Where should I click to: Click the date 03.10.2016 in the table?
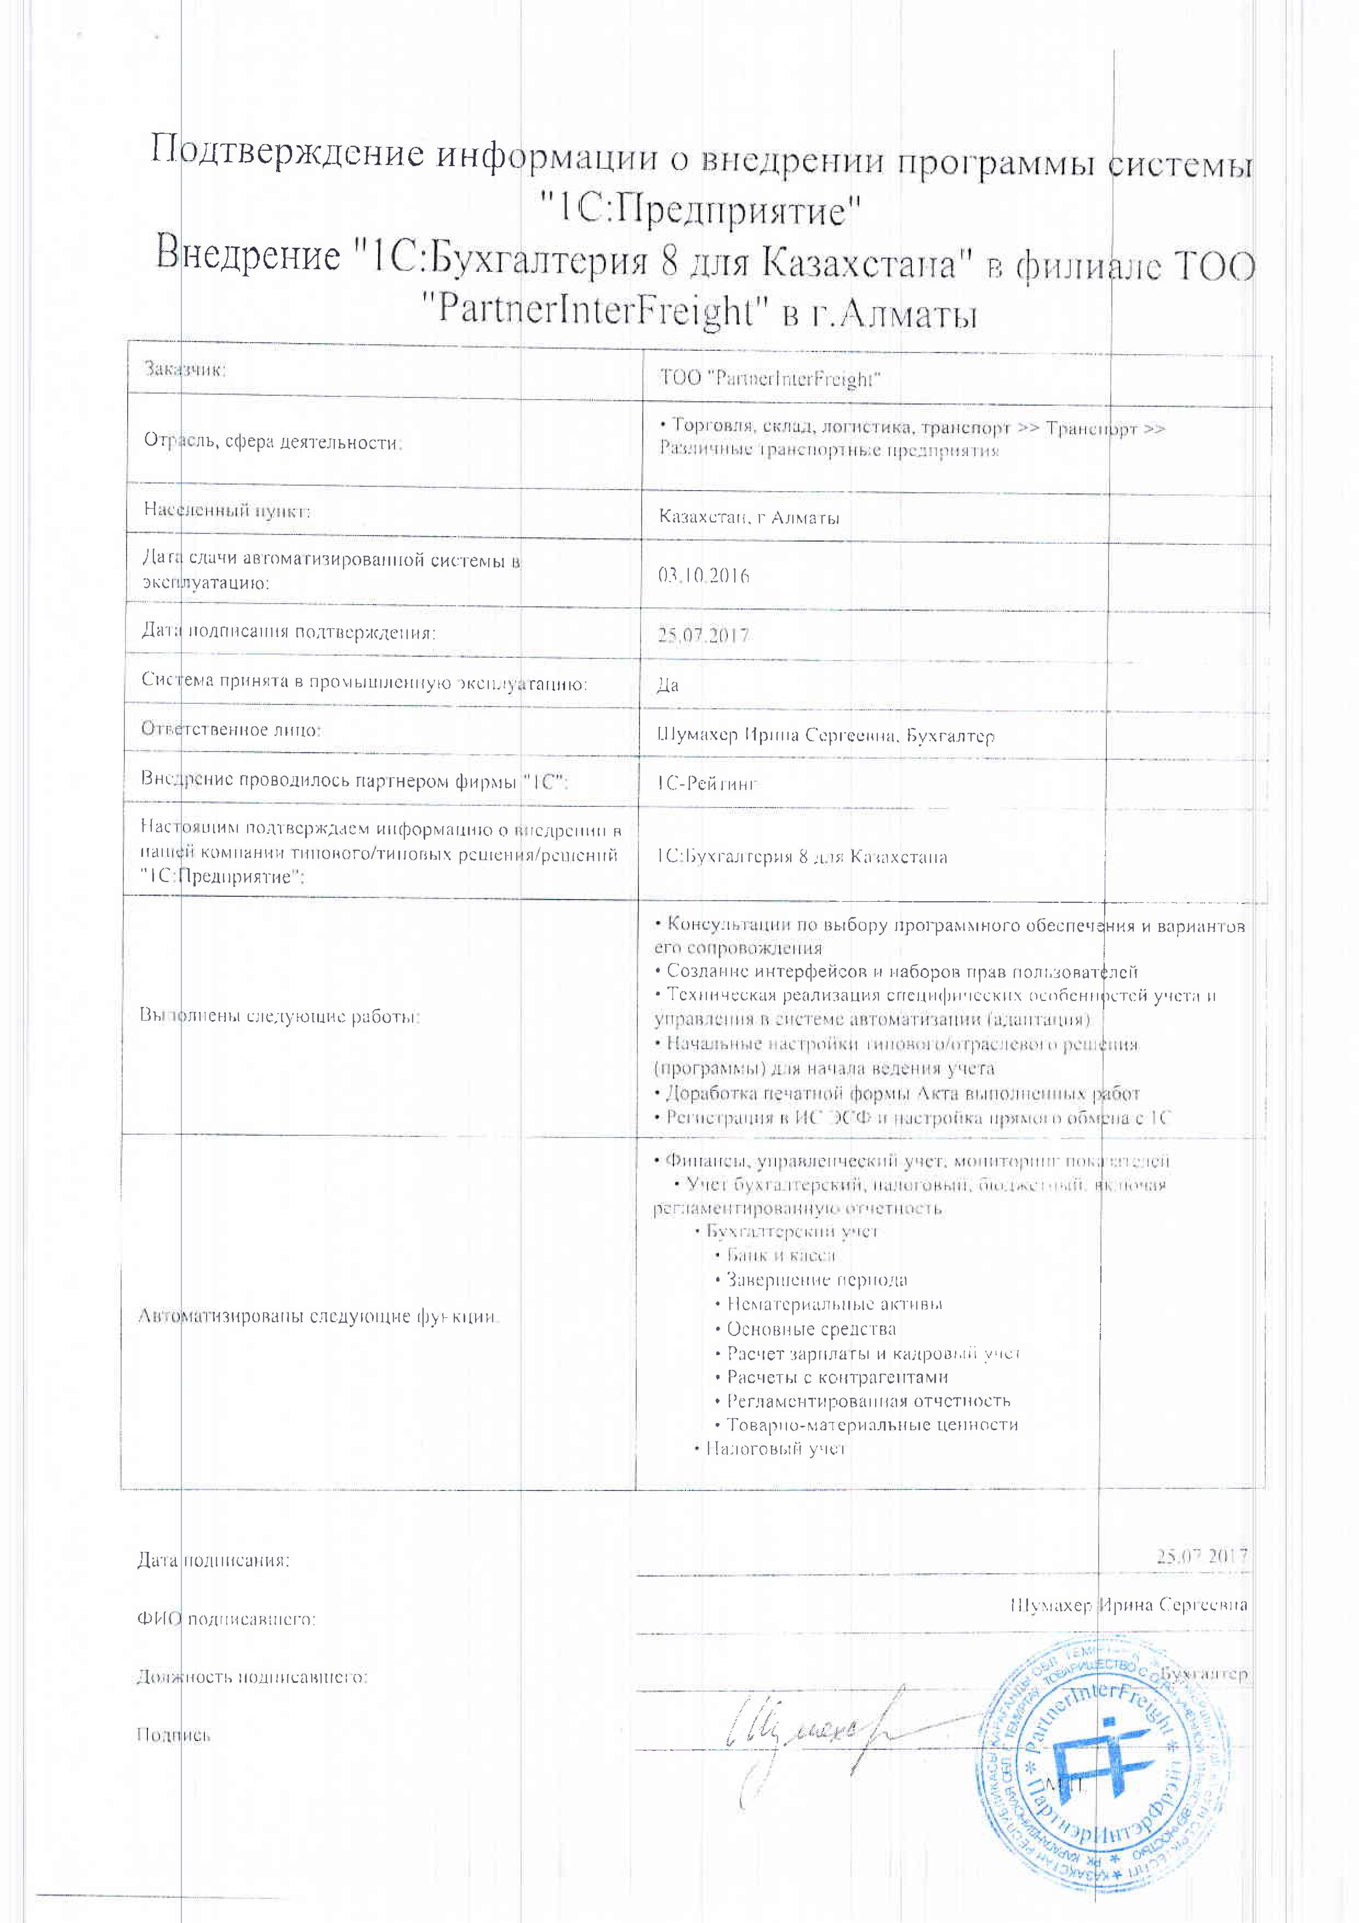(x=704, y=576)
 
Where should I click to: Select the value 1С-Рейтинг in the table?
(x=707, y=784)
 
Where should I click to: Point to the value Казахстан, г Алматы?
(x=750, y=517)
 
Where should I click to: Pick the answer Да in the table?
(x=667, y=686)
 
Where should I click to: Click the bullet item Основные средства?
(x=810, y=1329)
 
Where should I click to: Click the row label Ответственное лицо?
(x=231, y=730)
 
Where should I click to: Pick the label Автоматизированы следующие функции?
(x=318, y=1316)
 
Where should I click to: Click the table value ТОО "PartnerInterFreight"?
(x=770, y=379)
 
